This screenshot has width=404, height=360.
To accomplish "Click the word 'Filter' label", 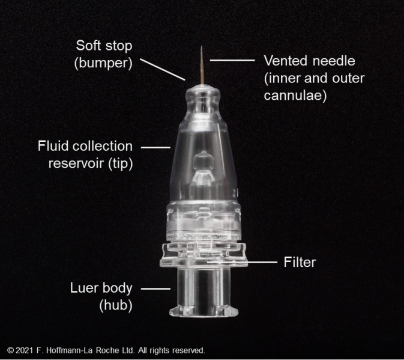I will (300, 262).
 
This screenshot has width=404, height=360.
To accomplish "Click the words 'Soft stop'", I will (104, 46).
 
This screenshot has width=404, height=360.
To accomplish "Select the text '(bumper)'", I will (103, 62).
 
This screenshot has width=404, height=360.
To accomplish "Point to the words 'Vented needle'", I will (309, 61).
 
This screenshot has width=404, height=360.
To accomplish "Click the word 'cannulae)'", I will (295, 95).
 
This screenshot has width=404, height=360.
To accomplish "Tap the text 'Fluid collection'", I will (85, 146).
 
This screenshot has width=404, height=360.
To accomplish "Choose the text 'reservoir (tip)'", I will (90, 163).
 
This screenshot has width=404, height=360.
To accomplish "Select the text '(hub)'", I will (116, 306).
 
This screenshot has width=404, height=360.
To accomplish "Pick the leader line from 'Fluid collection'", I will (155, 146).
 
